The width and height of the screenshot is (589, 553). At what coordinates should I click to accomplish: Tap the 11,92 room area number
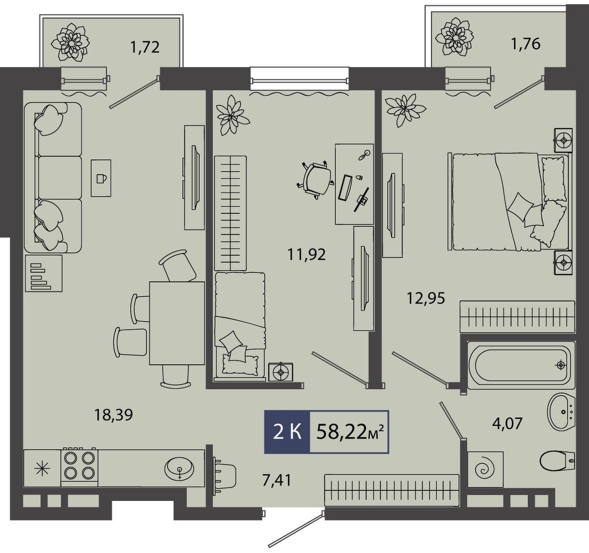click(306, 255)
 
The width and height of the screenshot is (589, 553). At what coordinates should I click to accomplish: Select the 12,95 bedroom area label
click(426, 299)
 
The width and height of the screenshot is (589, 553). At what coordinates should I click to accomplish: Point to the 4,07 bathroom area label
click(507, 423)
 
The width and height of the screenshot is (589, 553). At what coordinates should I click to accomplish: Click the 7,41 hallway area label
click(277, 480)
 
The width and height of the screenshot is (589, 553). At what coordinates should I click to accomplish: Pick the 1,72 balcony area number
click(145, 48)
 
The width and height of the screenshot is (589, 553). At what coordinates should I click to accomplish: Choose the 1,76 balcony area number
click(525, 44)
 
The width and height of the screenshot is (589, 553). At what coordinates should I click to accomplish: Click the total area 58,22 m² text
click(350, 432)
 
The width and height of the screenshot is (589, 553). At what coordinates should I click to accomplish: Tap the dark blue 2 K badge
click(287, 432)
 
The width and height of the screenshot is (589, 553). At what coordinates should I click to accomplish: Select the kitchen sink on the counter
click(180, 469)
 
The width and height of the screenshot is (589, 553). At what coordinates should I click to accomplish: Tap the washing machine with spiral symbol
click(486, 469)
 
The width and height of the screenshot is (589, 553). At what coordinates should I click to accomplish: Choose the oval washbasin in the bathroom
click(561, 412)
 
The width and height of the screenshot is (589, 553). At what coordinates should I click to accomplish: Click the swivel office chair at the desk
click(315, 179)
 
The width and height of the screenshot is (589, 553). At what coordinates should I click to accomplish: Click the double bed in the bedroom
click(510, 202)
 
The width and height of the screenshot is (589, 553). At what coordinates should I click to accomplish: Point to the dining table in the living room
click(177, 323)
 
